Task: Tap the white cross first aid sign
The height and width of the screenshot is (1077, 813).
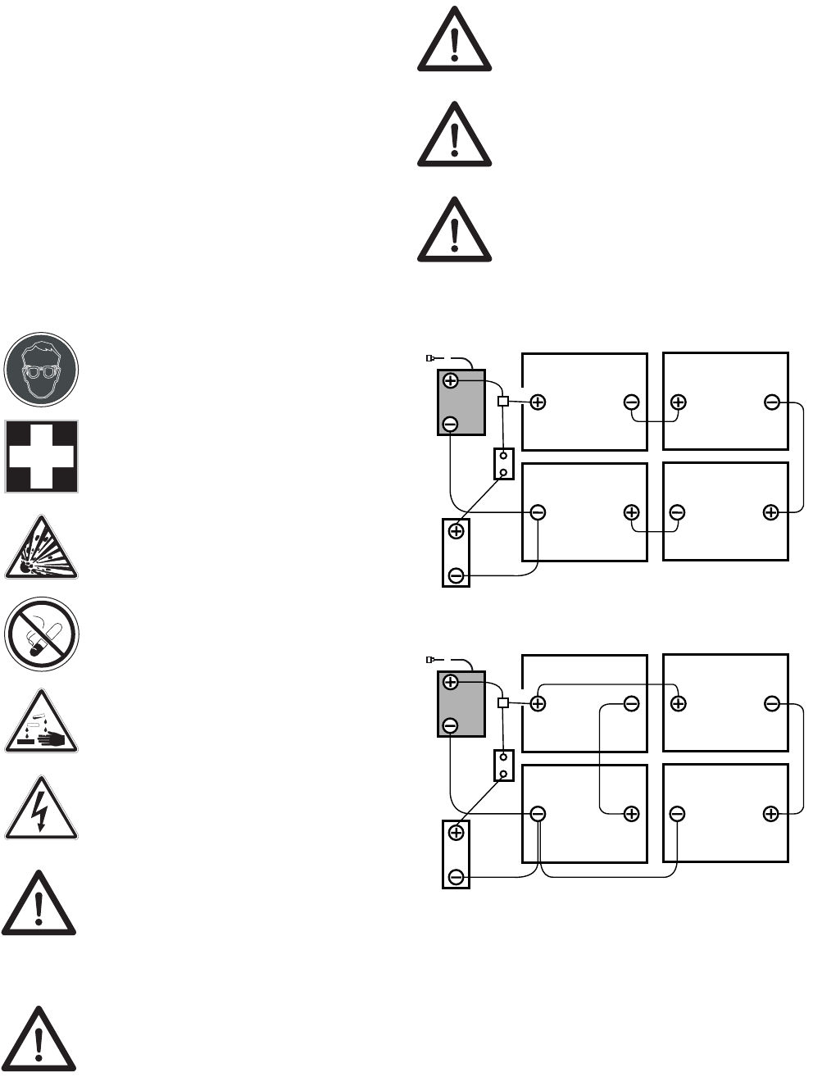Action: [x=42, y=457]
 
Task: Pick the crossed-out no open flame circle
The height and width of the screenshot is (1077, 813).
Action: [x=41, y=634]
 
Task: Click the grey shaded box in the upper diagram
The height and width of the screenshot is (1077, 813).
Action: [x=461, y=402]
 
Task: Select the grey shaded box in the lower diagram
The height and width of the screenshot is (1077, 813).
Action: [x=461, y=704]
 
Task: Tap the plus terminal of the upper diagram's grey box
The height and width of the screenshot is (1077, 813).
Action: [x=450, y=381]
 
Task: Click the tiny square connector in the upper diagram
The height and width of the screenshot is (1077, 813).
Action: [x=503, y=402]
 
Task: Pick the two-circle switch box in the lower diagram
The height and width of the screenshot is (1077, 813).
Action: [x=503, y=766]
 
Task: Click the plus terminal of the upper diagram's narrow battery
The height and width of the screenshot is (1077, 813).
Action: [x=456, y=531]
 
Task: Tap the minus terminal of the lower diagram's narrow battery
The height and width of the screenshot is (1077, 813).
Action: [x=456, y=878]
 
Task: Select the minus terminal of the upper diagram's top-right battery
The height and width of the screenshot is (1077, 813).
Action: [x=771, y=402]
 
